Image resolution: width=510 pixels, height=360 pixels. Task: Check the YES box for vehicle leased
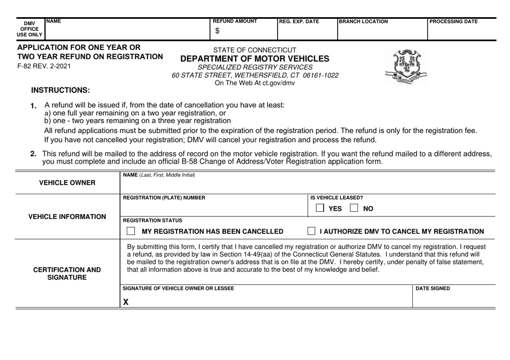pos(319,208)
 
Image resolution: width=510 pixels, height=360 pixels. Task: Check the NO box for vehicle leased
pos(355,208)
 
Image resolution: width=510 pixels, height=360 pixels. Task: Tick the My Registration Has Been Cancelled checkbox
pos(130,231)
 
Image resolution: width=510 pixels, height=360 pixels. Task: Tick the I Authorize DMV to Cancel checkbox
pos(311,231)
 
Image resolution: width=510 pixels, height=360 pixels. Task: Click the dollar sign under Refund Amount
pos(217,31)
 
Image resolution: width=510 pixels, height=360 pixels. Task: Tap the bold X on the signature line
pos(126,302)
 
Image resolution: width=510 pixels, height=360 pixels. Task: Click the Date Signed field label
pos(433,289)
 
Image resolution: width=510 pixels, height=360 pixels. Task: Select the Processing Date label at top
pos(454,21)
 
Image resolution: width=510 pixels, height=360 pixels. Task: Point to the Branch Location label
pos(363,21)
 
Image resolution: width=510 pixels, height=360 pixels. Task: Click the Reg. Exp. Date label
pos(299,21)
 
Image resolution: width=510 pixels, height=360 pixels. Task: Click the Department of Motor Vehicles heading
pos(255,58)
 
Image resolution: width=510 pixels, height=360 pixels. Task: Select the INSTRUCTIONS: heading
pos(61,90)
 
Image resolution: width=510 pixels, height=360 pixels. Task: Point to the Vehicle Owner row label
pos(68,182)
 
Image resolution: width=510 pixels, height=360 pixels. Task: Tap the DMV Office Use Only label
pos(31,28)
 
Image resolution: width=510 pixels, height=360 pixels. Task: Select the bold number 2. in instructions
pos(33,154)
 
